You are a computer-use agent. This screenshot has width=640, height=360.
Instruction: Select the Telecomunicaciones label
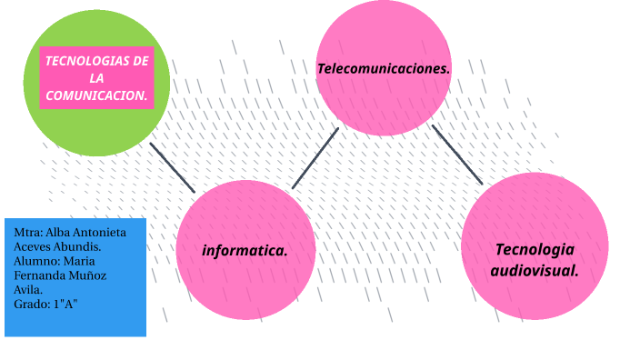(x=384, y=68)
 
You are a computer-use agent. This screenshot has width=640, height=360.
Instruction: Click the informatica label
(x=245, y=250)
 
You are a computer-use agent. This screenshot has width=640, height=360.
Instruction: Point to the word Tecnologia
(x=535, y=249)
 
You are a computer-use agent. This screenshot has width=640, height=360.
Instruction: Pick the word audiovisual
(x=535, y=270)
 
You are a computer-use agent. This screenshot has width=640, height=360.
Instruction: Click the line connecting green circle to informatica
(x=172, y=167)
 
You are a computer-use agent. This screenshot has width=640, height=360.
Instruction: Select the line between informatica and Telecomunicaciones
(x=315, y=157)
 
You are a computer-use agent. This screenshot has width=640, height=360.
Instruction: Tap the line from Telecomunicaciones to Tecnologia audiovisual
(x=456, y=154)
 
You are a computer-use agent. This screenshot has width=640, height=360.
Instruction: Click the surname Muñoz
(x=86, y=275)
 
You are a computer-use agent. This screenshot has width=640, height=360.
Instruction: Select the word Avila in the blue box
(x=28, y=289)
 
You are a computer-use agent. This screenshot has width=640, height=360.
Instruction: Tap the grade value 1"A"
(x=65, y=304)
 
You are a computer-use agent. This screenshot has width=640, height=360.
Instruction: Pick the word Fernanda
(x=40, y=275)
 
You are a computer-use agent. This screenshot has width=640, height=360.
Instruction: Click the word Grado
(x=32, y=304)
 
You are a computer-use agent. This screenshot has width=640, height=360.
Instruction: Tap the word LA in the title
(x=96, y=77)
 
